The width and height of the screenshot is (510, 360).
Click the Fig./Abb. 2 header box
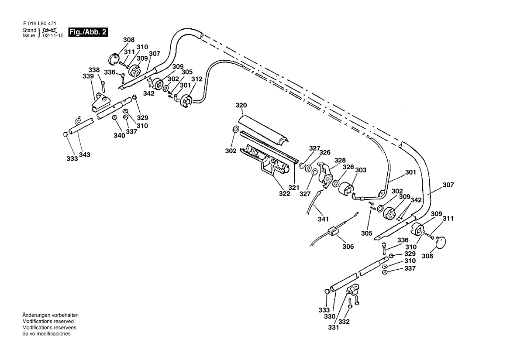(88, 32)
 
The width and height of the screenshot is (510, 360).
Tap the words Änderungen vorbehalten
(50, 315)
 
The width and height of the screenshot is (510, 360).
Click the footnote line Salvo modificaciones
(46, 333)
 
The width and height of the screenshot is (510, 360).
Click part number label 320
(241, 105)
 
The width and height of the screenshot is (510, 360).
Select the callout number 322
(285, 193)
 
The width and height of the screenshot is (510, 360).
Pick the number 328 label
(340, 160)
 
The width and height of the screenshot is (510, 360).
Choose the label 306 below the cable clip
(348, 247)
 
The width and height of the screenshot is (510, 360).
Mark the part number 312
(197, 79)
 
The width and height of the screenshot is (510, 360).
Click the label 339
(88, 76)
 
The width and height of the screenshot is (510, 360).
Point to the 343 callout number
(85, 155)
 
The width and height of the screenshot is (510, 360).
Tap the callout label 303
(361, 170)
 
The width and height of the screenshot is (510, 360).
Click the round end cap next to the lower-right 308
(442, 241)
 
